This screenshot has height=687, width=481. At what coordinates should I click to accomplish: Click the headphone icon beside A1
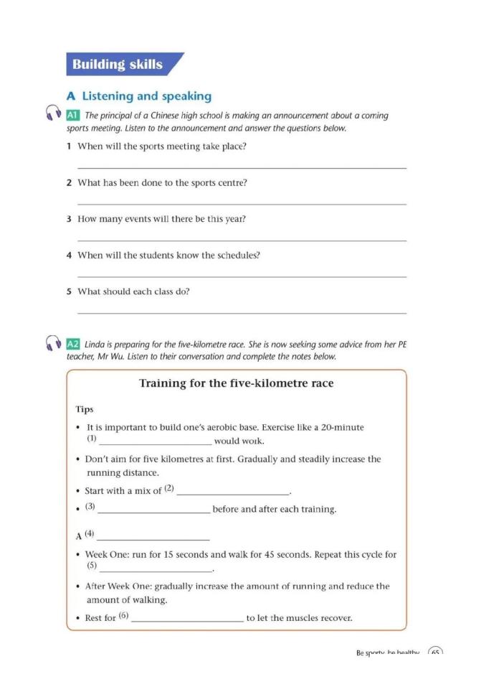pyautogui.click(x=52, y=113)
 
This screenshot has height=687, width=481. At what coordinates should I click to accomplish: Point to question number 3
pyautogui.click(x=69, y=219)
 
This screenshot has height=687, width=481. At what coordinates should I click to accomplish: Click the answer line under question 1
pyautogui.click(x=241, y=167)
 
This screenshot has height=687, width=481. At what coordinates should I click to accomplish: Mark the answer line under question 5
pyautogui.click(x=241, y=312)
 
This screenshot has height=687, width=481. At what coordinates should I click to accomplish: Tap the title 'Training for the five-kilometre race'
pyautogui.click(x=236, y=383)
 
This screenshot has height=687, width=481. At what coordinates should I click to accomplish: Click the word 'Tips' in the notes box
pyautogui.click(x=85, y=409)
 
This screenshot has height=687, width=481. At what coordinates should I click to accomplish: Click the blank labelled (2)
pyautogui.click(x=232, y=494)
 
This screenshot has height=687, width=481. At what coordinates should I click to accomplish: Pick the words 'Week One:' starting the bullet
pyautogui.click(x=105, y=555)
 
